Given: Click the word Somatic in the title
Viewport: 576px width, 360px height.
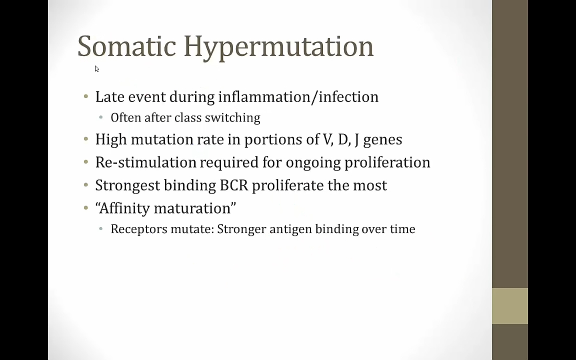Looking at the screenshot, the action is point(127,46).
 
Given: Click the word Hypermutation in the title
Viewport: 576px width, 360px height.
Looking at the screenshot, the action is point(279,48).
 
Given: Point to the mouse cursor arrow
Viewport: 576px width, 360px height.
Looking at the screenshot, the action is point(97,69).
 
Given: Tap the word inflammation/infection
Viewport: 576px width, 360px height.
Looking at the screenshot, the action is point(298,97).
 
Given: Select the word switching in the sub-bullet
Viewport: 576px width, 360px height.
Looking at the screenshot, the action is point(232,118).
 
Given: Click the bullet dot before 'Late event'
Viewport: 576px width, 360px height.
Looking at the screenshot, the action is point(86,97).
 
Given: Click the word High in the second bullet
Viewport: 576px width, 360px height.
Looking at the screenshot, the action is point(111,139).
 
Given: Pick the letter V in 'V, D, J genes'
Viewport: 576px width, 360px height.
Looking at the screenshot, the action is point(326,139).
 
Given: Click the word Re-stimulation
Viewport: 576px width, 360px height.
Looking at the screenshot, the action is point(146,162).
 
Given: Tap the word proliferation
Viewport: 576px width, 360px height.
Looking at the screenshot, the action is point(387,163).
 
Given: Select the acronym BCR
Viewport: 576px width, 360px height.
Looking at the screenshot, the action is point(234,185).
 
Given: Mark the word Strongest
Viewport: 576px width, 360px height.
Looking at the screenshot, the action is point(128,186).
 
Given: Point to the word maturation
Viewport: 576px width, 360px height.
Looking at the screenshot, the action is point(192,208).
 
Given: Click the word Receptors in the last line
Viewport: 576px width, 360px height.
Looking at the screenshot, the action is point(139,229).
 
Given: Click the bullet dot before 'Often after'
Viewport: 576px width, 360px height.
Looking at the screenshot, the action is point(101,118).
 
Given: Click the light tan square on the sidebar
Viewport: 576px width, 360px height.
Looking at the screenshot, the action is point(510,306).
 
